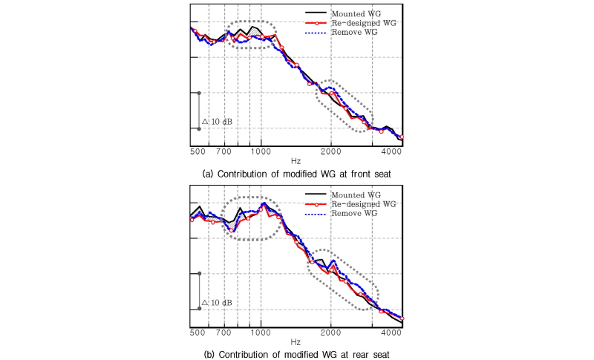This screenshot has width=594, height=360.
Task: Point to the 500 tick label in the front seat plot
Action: click(198, 151)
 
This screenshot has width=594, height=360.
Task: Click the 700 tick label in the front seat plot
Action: click(226, 151)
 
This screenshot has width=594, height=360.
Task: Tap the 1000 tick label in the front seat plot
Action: click(261, 151)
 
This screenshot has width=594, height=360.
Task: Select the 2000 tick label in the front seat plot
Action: click(331, 151)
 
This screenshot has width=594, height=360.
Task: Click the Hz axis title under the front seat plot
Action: click(296, 160)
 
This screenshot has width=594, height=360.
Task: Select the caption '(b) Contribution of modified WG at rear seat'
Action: click(296, 353)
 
